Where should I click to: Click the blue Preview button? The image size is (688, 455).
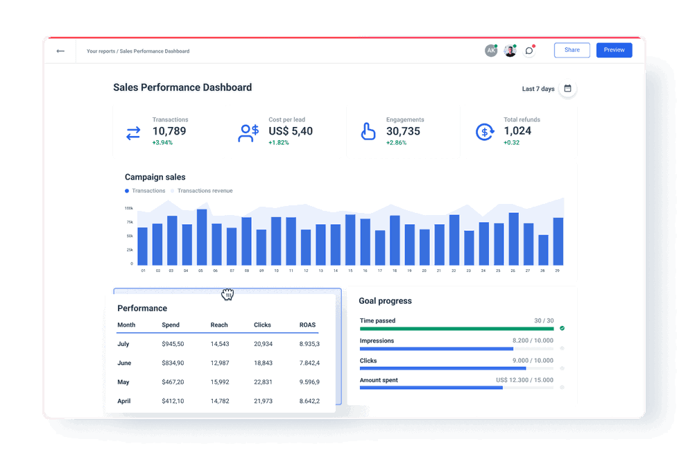point(614,50)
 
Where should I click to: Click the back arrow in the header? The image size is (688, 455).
point(60,51)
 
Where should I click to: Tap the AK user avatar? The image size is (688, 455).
point(491,51)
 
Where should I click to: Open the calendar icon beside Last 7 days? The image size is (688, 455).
point(567,89)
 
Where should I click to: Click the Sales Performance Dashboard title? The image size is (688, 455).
point(182,88)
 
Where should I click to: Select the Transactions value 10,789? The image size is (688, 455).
point(169,131)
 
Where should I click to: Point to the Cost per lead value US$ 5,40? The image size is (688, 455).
point(291,131)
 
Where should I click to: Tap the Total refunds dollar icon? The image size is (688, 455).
point(484,132)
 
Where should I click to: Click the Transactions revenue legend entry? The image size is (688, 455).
point(205,191)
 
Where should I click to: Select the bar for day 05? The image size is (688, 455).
point(202,237)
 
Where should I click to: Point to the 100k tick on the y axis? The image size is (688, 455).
point(129,208)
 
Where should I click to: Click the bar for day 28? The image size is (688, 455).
point(543,250)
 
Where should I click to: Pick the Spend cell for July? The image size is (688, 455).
point(173,344)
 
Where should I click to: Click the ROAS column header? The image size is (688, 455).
point(307,325)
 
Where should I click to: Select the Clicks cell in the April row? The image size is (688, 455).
point(263,401)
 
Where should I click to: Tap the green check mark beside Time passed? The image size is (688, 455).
point(562,328)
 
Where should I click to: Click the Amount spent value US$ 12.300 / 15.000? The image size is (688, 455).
point(524,380)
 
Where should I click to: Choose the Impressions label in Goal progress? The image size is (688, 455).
point(377,341)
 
